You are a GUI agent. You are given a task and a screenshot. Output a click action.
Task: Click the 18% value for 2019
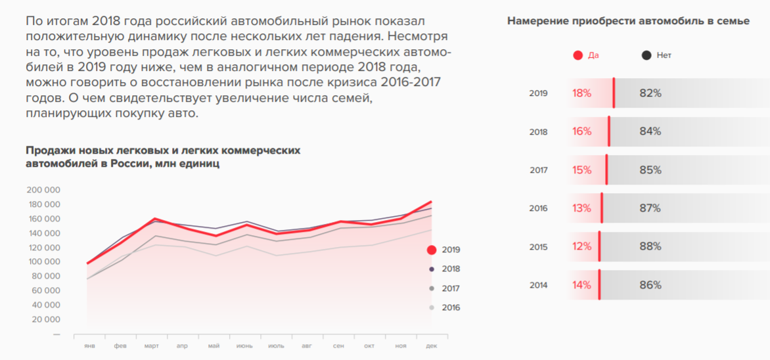pyautogui.click(x=581, y=93)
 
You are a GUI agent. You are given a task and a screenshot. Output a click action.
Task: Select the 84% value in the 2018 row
pyautogui.click(x=650, y=131)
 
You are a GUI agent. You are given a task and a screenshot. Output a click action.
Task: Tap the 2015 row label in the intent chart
pyautogui.click(x=538, y=247)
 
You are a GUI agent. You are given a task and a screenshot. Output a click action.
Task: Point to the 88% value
pyautogui.click(x=650, y=247)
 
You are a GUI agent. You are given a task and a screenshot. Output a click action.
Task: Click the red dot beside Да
pyautogui.click(x=578, y=56)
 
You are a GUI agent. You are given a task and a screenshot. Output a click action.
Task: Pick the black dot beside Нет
pyautogui.click(x=646, y=56)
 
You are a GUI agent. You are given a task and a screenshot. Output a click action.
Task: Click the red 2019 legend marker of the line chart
pyautogui.click(x=432, y=250)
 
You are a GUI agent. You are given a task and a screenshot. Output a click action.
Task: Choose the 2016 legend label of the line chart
pyautogui.click(x=451, y=307)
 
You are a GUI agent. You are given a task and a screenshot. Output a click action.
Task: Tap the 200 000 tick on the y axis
pyautogui.click(x=43, y=190)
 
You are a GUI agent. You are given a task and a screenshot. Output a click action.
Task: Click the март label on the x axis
pyautogui.click(x=151, y=346)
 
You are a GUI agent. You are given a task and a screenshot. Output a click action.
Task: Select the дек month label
pyautogui.click(x=432, y=346)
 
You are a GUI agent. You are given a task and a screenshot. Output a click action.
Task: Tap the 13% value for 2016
pyautogui.click(x=581, y=208)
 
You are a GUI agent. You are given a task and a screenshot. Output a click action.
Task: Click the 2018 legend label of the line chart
pyautogui.click(x=451, y=269)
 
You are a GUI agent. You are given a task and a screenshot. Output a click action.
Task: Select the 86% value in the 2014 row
pyautogui.click(x=650, y=285)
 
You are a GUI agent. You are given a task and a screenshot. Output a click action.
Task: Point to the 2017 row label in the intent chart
pyautogui.click(x=538, y=170)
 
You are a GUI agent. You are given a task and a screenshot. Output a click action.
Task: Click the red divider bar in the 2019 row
pyautogui.click(x=614, y=93)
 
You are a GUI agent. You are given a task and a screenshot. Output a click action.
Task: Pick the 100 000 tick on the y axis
pyautogui.click(x=43, y=261)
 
